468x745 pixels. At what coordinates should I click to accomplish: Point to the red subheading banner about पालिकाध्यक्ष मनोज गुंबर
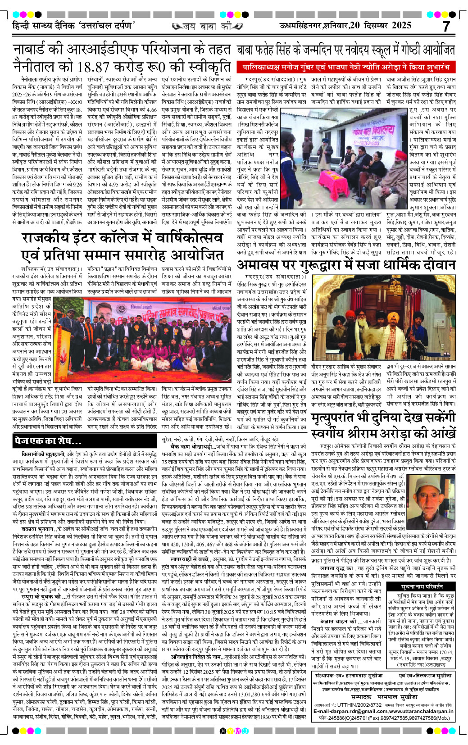click(x=345, y=68)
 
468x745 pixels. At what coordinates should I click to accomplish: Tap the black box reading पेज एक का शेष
click(x=48, y=441)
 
